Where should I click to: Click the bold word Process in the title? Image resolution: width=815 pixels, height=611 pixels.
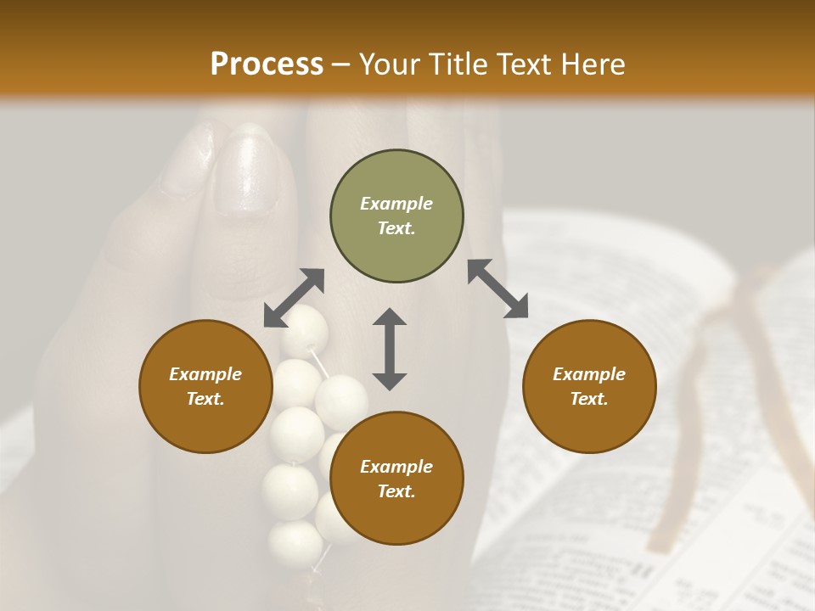[x=267, y=64]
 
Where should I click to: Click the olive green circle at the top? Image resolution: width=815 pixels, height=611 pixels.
[x=396, y=216]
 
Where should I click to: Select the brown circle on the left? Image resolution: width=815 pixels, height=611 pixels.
[x=205, y=386]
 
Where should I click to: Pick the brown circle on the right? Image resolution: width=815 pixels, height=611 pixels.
[x=589, y=386]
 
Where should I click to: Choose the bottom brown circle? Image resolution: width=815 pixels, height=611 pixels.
[x=396, y=479]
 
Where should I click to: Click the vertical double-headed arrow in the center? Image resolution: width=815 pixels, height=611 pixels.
[x=390, y=349]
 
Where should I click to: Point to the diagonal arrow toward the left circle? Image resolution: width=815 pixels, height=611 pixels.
[x=294, y=298]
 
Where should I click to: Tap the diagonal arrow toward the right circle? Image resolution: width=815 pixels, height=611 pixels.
[x=498, y=289]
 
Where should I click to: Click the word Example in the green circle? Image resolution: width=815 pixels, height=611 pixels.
[x=396, y=204]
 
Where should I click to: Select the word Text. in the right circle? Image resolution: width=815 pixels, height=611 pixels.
[x=589, y=399]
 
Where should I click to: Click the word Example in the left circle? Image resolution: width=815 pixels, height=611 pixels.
[x=205, y=373]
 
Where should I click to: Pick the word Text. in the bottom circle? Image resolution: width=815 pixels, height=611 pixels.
[x=396, y=491]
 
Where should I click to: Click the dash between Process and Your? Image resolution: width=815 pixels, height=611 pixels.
[x=341, y=65]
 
